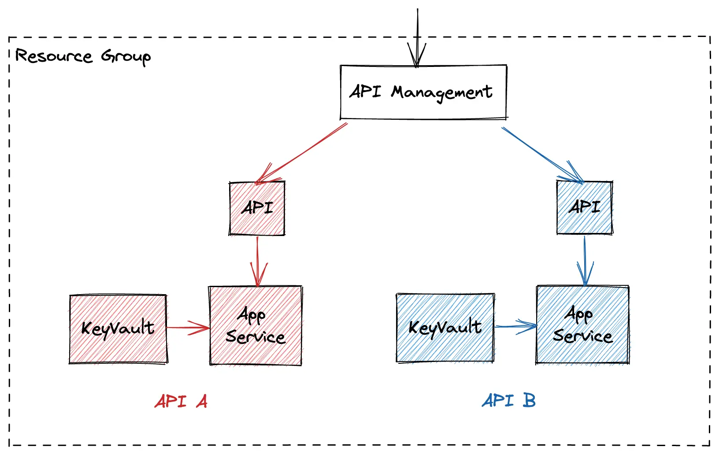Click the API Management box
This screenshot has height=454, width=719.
[x=423, y=92]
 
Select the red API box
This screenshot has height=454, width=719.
[x=257, y=208]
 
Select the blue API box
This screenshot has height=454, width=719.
[x=584, y=207]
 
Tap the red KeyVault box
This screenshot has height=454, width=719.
[x=118, y=329]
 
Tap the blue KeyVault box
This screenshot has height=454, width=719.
[x=445, y=328]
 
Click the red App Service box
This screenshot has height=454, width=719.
[x=256, y=326]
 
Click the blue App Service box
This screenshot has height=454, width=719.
[x=582, y=325]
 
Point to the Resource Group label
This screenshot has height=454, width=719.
[x=83, y=56]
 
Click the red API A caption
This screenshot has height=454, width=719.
[x=181, y=401]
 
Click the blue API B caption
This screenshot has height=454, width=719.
[x=509, y=400]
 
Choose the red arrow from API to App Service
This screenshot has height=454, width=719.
[x=258, y=260]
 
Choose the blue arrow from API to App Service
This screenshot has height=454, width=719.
[x=585, y=260]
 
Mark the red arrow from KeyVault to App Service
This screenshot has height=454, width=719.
[x=187, y=328]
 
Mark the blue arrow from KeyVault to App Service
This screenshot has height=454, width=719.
[x=515, y=326]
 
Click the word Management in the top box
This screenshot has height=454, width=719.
[x=441, y=93]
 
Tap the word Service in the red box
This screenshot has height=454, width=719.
[x=256, y=337]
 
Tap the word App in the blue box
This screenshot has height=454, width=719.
[x=578, y=314]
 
